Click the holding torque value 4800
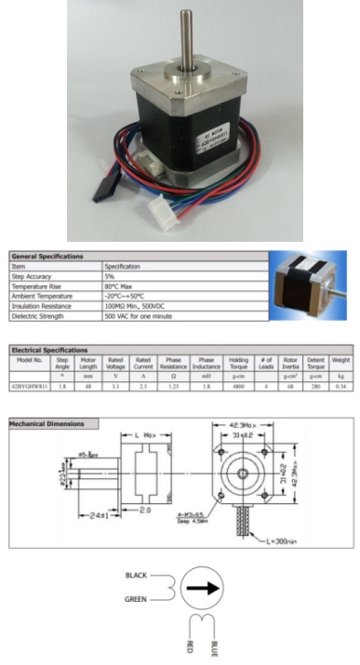click(x=238, y=384)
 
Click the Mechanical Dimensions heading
click(x=47, y=424)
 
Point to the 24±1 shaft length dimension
click(x=92, y=514)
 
